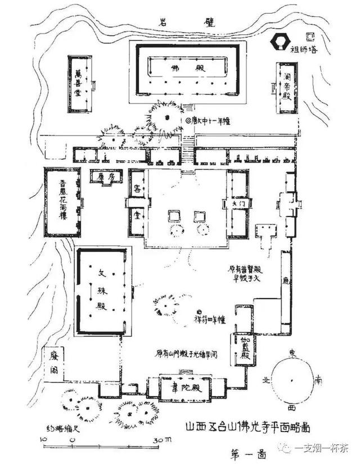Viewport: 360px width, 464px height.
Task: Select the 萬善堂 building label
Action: pyautogui.click(x=79, y=84)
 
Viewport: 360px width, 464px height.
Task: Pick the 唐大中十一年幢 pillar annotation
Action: pyautogui.click(x=209, y=120)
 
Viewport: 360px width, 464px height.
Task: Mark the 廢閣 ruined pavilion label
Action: pyautogui.click(x=55, y=363)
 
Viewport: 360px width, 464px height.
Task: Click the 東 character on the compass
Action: pyautogui.click(x=292, y=352)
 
